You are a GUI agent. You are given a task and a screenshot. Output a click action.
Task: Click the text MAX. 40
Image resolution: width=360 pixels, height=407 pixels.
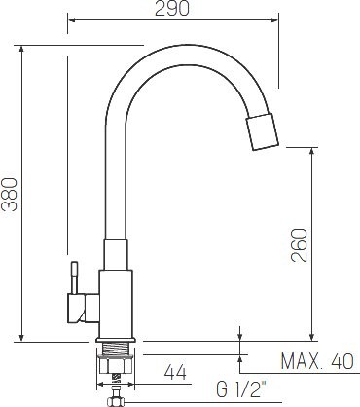click(x=315, y=362)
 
